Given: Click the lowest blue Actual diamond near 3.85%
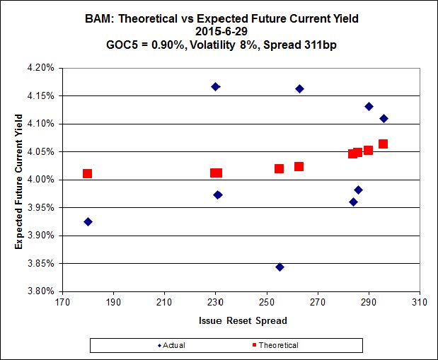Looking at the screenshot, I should coord(279,267).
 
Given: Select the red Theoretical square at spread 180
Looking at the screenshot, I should coord(87,173).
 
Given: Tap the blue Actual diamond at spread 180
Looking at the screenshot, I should coord(88,221).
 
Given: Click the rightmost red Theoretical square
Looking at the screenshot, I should coord(383,144).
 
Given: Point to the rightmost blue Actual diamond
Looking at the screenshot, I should coord(384,118).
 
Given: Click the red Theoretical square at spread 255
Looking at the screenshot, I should coord(279,168).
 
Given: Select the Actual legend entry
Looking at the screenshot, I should coord(170,345).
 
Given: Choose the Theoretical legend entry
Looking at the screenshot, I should coord(275,345).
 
